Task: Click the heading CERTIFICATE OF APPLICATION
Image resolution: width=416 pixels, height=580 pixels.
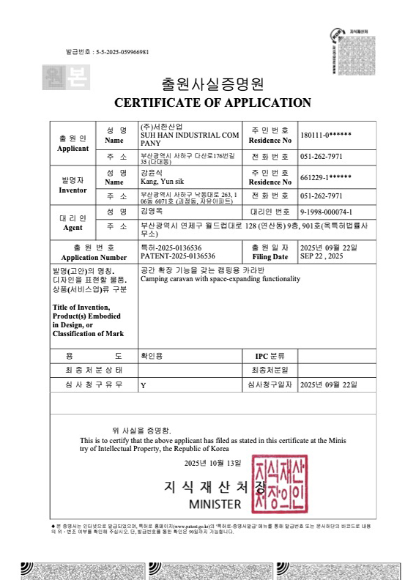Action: [x=212, y=103]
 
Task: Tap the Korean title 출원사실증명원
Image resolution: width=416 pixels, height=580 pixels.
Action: [x=212, y=83]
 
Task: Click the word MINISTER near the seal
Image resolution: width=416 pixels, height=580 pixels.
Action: [x=215, y=505]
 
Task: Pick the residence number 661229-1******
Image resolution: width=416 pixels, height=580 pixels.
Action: [x=326, y=177]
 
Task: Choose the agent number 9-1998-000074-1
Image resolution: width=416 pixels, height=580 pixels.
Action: [x=332, y=212]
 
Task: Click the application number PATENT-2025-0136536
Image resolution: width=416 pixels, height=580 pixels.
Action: [x=177, y=257]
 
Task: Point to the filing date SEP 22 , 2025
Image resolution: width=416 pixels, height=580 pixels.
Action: [x=322, y=257]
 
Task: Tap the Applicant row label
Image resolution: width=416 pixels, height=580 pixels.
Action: [x=73, y=143]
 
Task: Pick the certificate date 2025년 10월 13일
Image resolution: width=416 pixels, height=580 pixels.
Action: [x=212, y=464]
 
